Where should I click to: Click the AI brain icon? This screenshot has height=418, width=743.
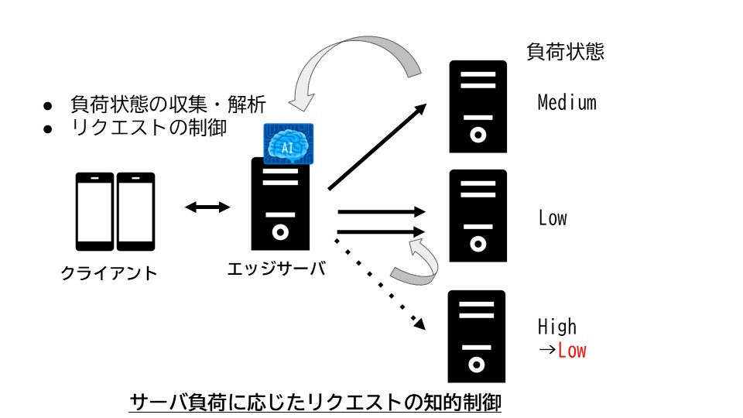pyautogui.click(x=288, y=143)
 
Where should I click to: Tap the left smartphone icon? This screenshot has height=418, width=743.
pyautogui.click(x=94, y=211)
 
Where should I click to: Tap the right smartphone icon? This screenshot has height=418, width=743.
pyautogui.click(x=136, y=211)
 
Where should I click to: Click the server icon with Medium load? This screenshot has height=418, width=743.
pyautogui.click(x=478, y=106)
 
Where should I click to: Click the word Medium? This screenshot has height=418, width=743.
pyautogui.click(x=567, y=102)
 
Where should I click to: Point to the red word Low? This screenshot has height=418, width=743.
pyautogui.click(x=572, y=351)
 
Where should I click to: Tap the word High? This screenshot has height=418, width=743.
pyautogui.click(x=557, y=326)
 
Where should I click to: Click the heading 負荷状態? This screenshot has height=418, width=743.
pyautogui.click(x=565, y=53)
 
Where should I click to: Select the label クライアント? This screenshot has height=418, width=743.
pyautogui.click(x=108, y=273)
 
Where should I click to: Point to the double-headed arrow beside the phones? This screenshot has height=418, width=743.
pyautogui.click(x=208, y=207)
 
